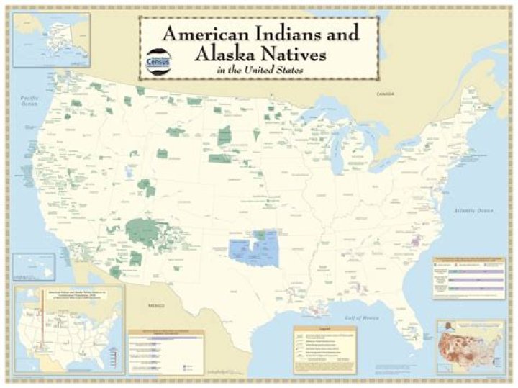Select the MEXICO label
tap(157, 306)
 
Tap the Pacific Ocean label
tap(29, 99)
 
